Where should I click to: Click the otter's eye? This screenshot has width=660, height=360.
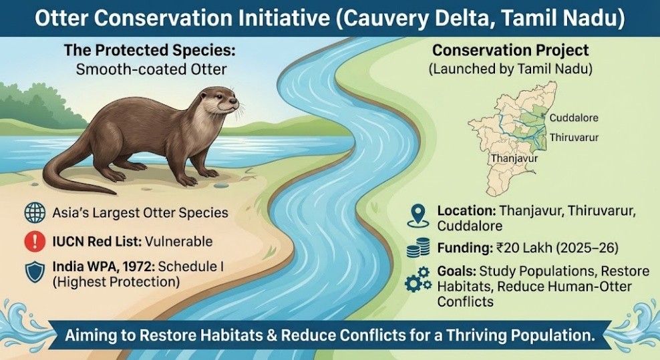point(219,97)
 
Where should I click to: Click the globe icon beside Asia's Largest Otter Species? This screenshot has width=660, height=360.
point(35,212)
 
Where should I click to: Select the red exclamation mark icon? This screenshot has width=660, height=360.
point(35,241)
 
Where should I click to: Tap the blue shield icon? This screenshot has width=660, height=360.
point(35,272)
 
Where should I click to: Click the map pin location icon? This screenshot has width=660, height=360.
point(418,216)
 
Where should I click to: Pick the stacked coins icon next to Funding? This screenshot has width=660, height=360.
point(418,248)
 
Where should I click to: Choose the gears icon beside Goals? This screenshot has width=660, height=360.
point(418,279)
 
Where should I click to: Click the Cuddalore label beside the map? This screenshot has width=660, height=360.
point(574,118)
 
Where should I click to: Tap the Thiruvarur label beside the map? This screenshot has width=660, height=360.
point(574,138)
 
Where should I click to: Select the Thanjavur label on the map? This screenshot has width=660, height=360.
point(514,159)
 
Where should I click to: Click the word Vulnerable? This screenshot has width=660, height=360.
point(178,242)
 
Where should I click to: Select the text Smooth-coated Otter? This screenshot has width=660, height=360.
point(152,69)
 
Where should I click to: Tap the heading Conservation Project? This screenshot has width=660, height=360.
point(510,50)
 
